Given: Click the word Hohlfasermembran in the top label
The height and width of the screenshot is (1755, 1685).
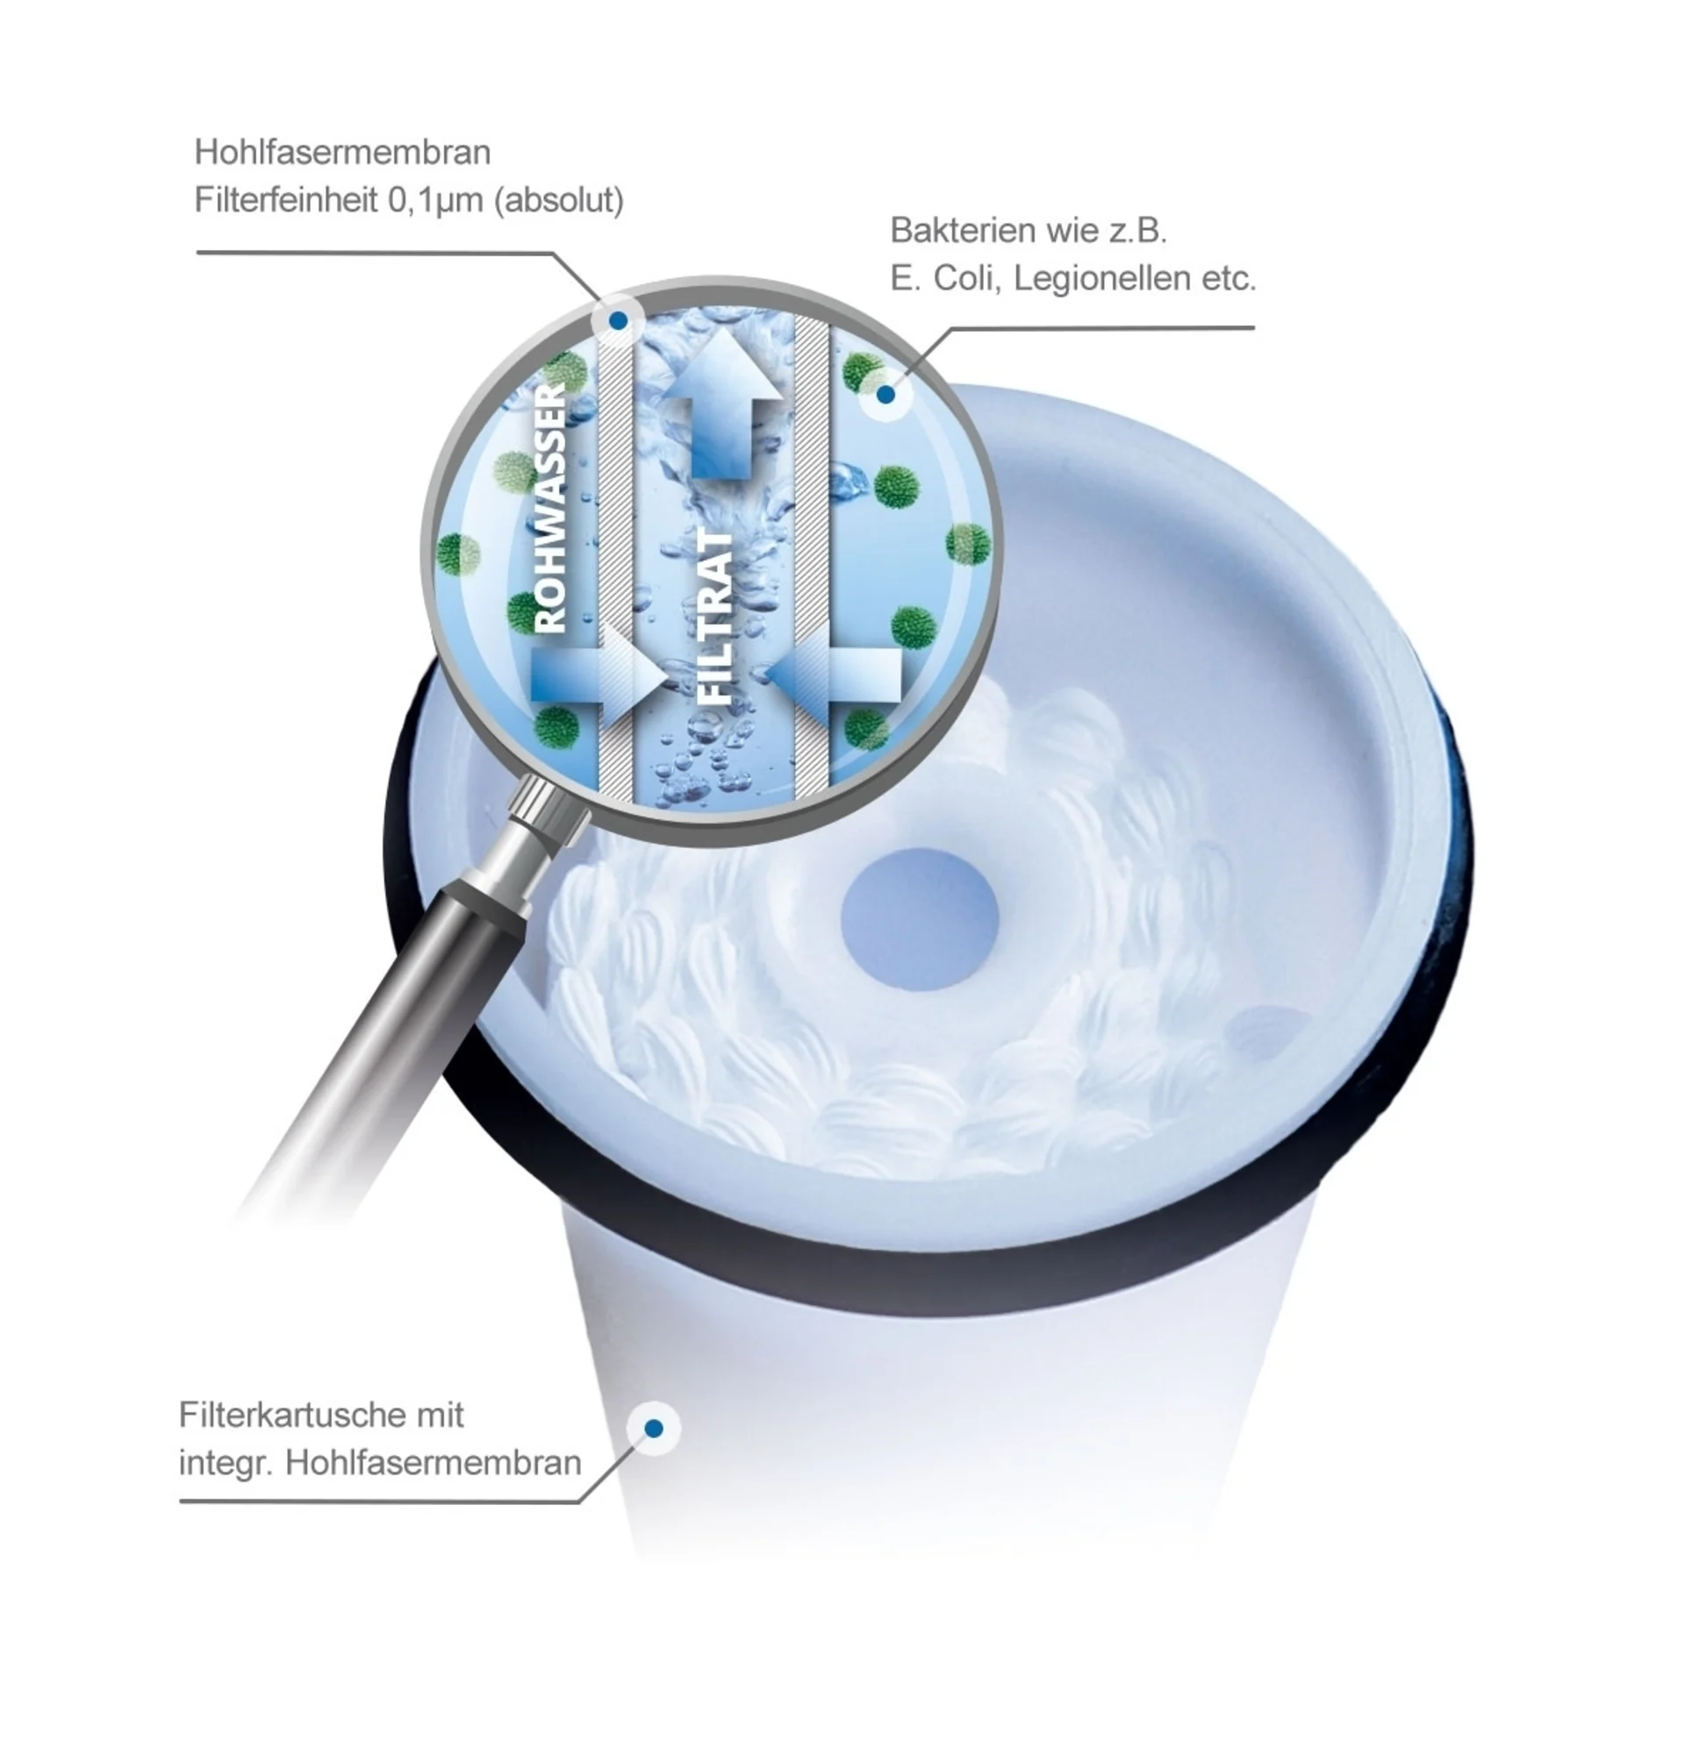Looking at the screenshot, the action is coord(342,153).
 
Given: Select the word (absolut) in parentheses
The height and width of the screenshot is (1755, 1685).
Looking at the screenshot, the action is coord(559,200).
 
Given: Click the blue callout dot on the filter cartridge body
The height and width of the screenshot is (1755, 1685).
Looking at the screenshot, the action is coord(654,1428).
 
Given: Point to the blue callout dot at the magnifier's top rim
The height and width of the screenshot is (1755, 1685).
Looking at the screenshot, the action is coord(618,319).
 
